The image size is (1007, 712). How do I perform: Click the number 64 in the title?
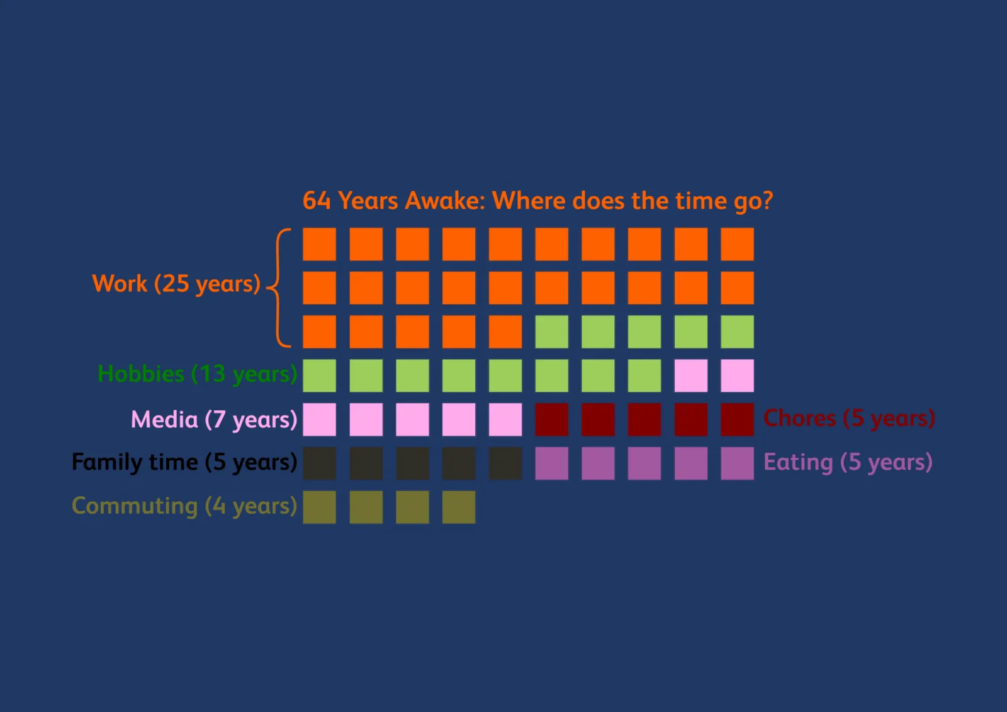pyautogui.click(x=317, y=201)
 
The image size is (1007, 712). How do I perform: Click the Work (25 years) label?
pyautogui.click(x=176, y=284)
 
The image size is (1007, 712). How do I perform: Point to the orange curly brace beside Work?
pyautogui.click(x=278, y=288)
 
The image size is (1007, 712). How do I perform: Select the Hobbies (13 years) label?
pyautogui.click(x=198, y=374)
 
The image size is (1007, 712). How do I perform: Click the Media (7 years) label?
pyautogui.click(x=214, y=420)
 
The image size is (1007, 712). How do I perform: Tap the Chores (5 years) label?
pyautogui.click(x=849, y=418)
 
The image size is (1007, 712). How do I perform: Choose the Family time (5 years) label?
pyautogui.click(x=184, y=462)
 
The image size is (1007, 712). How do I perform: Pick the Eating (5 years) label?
pyautogui.click(x=848, y=462)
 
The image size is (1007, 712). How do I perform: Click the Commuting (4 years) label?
pyautogui.click(x=184, y=506)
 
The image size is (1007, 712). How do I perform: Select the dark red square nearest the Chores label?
pyautogui.click(x=737, y=420)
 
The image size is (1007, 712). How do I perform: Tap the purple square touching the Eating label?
pyautogui.click(x=737, y=463)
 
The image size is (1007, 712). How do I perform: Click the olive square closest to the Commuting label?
pyautogui.click(x=319, y=507)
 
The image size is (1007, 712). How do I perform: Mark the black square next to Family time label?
pyautogui.click(x=319, y=463)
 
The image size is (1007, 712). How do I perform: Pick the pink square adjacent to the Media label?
pyautogui.click(x=319, y=420)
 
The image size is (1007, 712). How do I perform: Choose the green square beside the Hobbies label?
pyautogui.click(x=319, y=376)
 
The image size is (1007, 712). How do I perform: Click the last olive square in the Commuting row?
pyautogui.click(x=459, y=507)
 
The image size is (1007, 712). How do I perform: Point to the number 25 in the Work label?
pyautogui.click(x=176, y=284)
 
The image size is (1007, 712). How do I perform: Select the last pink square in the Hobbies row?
pyautogui.click(x=737, y=376)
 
